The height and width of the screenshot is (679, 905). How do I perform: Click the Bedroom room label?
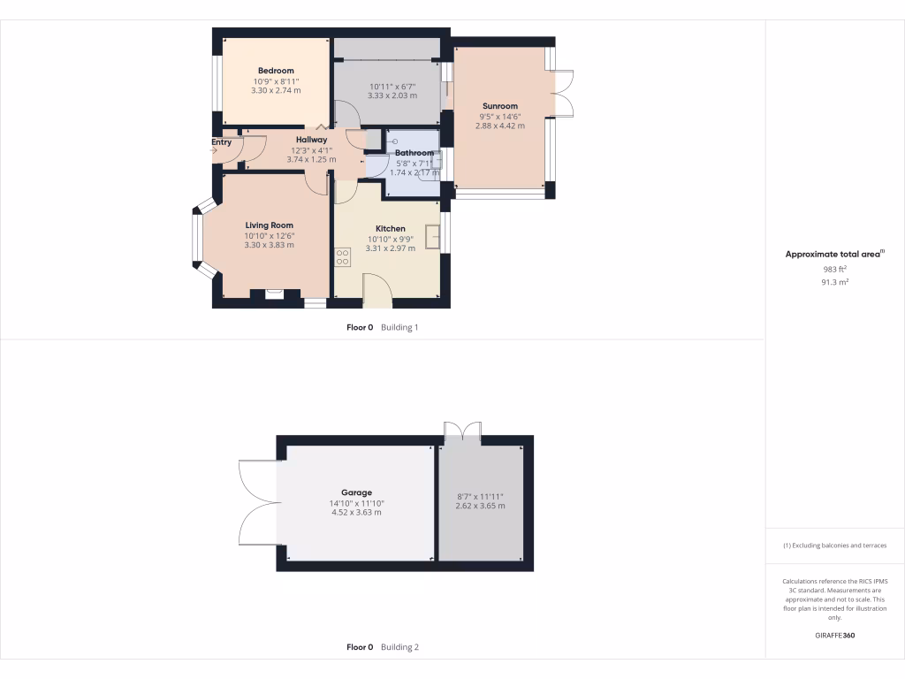[276, 71]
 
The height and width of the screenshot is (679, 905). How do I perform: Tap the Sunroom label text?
[499, 106]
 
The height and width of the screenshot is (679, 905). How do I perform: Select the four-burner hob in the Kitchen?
[342, 257]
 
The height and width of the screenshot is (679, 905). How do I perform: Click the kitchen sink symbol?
[433, 237]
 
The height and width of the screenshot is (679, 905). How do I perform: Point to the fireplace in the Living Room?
[274, 295]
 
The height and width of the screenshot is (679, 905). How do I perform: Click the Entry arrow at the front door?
[213, 151]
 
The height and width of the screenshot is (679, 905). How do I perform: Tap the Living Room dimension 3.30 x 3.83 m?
[270, 245]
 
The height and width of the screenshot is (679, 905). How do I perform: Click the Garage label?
[356, 492]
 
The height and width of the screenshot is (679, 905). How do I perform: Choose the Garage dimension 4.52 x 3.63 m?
[356, 512]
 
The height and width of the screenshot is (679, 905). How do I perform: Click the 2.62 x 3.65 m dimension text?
[480, 506]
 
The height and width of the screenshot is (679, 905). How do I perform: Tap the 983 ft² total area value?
[834, 269]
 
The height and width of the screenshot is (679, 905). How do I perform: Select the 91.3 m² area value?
[834, 282]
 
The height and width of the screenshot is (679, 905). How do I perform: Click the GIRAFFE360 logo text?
[835, 636]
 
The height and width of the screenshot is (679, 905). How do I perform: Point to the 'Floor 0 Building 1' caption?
[382, 327]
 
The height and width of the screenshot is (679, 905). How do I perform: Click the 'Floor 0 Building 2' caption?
[382, 647]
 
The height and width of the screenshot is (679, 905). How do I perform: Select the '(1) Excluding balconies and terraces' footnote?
[834, 545]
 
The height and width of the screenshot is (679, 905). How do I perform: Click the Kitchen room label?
[390, 228]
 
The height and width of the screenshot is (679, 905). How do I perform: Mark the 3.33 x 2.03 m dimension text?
[391, 95]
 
